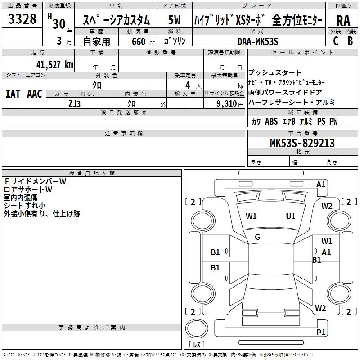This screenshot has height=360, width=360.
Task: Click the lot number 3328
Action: (22, 20)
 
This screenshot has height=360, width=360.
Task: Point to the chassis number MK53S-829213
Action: (302, 143)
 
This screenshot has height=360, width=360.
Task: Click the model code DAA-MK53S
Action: (258, 41)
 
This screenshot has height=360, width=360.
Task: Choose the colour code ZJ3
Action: (74, 103)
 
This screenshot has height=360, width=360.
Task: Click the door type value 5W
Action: (175, 21)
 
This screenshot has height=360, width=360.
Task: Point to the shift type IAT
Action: (13, 94)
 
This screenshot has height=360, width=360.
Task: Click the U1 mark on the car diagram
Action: (291, 216)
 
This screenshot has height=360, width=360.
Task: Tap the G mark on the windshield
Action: (257, 237)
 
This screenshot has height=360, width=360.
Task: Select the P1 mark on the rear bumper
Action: (321, 332)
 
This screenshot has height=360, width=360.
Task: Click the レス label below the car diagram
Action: (196, 345)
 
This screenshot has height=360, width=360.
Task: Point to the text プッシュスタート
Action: (275, 73)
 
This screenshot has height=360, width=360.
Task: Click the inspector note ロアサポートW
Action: (28, 189)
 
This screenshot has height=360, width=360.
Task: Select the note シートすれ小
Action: (25, 206)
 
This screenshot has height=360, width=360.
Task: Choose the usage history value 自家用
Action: (96, 41)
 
